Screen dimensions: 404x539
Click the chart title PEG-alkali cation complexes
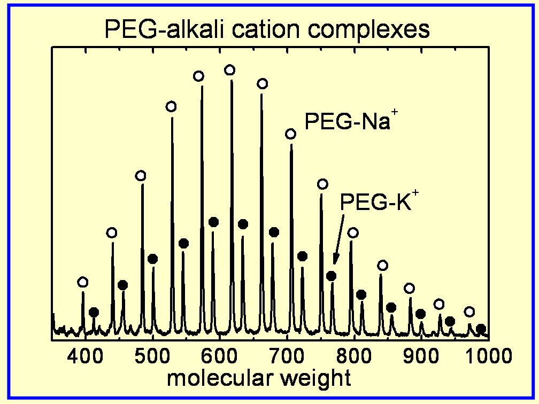267,30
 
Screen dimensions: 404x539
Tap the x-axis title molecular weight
259,378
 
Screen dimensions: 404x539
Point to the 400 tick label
86,355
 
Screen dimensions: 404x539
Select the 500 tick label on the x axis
153,355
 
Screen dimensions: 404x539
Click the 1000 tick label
483,355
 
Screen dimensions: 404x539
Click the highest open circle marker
230,70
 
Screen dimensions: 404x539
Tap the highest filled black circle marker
213,222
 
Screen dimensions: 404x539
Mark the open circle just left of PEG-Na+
291,134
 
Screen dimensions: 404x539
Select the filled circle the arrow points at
332,276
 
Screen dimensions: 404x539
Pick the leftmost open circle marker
82,282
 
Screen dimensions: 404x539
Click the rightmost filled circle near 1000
481,329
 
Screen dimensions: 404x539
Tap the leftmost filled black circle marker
94,312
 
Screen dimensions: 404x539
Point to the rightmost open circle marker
469,312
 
